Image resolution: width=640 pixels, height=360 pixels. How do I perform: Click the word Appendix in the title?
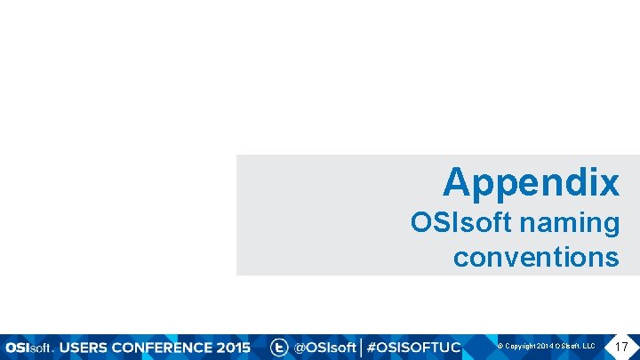531,183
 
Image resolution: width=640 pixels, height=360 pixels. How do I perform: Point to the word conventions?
535,257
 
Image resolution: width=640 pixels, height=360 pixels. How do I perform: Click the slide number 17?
621,345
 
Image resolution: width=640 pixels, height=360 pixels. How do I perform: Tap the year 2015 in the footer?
233,347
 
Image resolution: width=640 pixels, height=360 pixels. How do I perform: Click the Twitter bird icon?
279,347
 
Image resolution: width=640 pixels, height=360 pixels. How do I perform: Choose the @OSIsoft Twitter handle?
325,347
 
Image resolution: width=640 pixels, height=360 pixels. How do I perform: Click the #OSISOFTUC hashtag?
413,347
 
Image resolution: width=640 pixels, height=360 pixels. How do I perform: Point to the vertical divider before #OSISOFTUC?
361,347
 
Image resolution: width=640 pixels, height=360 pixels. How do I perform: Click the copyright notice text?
546,346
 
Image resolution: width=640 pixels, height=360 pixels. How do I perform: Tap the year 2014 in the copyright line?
544,346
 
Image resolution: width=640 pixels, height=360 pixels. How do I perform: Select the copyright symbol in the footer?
500,346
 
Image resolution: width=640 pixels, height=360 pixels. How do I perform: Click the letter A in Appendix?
457,183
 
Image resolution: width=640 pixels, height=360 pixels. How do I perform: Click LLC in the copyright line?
588,346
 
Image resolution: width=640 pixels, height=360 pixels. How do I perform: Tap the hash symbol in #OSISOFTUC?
372,347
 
